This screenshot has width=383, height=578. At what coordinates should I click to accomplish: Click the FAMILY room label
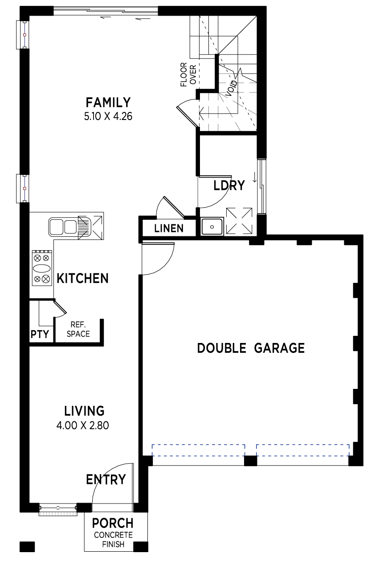pyautogui.click(x=108, y=103)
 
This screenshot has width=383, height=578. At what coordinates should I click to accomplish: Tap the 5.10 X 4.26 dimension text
pyautogui.click(x=108, y=116)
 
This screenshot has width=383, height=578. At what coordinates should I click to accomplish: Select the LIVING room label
pyautogui.click(x=84, y=411)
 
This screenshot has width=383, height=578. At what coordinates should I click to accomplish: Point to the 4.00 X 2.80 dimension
pyautogui.click(x=82, y=425)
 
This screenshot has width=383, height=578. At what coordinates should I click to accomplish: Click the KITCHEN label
pyautogui.click(x=82, y=278)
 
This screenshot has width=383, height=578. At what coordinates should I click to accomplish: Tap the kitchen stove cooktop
pyautogui.click(x=42, y=268)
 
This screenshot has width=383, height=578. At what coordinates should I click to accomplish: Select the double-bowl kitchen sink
pyautogui.click(x=69, y=227)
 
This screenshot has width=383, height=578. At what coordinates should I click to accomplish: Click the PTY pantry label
pyautogui.click(x=40, y=334)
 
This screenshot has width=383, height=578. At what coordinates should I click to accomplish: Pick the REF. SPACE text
pyautogui.click(x=78, y=329)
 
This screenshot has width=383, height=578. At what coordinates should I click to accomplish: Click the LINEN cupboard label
pyautogui.click(x=169, y=228)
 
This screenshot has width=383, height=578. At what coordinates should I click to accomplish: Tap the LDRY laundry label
pyautogui.click(x=229, y=186)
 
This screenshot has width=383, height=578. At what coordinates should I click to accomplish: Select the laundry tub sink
pyautogui.click(x=212, y=227)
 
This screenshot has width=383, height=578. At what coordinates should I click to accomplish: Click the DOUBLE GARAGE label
pyautogui.click(x=251, y=348)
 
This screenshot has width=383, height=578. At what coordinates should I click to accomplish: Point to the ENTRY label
pyautogui.click(x=106, y=479)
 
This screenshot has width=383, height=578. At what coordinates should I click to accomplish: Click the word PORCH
pyautogui.click(x=113, y=523)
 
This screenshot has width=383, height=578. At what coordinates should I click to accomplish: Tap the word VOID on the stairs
pyautogui.click(x=231, y=88)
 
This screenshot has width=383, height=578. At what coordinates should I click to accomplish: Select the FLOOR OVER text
pyautogui.click(x=188, y=74)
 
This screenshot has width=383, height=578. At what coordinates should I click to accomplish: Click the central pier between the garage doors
pyautogui.click(x=250, y=461)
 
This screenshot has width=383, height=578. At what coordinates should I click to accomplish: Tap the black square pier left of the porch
pyautogui.click(x=27, y=547)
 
